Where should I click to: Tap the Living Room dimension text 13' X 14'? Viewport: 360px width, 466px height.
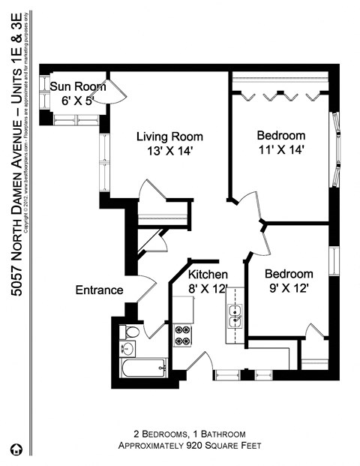pos(170,150)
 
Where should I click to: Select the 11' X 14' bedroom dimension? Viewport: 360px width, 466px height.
pos(281,149)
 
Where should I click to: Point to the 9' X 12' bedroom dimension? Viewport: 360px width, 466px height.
pos(287,287)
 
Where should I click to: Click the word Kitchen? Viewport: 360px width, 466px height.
pos(208,274)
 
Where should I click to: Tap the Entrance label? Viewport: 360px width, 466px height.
pos(98,290)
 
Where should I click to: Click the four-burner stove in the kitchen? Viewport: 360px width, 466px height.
pos(182,335)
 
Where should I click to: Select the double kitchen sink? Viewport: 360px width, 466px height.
pos(235,317)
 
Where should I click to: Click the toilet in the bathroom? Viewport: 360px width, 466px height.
pos(132,332)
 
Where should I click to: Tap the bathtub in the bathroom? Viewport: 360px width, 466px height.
pos(143,368)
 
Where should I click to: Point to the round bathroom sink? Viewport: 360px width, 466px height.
pos(127,348)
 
